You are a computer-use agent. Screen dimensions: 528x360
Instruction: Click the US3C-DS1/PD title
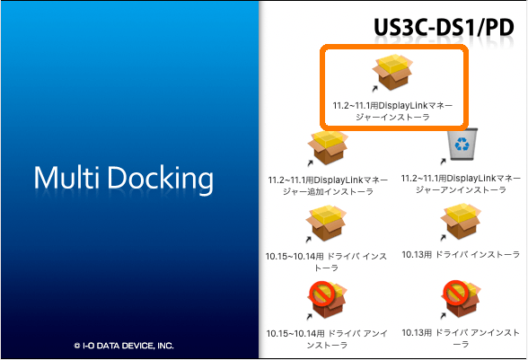point(444,28)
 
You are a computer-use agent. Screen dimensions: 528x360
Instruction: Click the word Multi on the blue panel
point(66,178)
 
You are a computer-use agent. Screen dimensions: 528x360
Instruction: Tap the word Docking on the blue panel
point(160,180)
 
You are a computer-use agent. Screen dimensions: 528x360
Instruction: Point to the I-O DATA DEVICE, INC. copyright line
point(124,346)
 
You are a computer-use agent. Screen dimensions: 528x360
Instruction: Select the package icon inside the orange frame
point(392,72)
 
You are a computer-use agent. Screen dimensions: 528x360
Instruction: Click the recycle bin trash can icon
point(462,144)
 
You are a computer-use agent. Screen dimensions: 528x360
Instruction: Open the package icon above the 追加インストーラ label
point(328,147)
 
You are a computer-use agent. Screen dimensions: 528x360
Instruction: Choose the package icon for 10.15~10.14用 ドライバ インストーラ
point(326,224)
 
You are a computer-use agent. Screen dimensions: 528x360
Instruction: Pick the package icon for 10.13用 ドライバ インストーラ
point(461,222)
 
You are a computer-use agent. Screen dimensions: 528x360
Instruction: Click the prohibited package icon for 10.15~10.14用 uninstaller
point(327,300)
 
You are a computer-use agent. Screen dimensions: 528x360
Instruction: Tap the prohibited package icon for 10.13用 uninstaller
point(461,299)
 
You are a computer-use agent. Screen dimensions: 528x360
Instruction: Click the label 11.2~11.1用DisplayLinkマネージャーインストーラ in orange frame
point(392,111)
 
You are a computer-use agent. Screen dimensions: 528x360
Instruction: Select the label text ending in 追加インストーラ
point(328,186)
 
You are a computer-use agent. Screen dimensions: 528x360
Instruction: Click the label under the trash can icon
point(461,184)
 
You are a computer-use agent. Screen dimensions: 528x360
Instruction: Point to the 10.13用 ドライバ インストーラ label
point(461,255)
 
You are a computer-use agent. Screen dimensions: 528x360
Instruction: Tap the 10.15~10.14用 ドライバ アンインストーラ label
point(327,339)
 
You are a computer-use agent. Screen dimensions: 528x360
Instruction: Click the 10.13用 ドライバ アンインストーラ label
point(461,338)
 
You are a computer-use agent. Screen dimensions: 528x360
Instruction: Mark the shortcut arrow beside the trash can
point(444,162)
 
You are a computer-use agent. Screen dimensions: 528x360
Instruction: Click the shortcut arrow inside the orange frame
point(374,89)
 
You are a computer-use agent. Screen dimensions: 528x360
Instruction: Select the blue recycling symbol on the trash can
point(462,144)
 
